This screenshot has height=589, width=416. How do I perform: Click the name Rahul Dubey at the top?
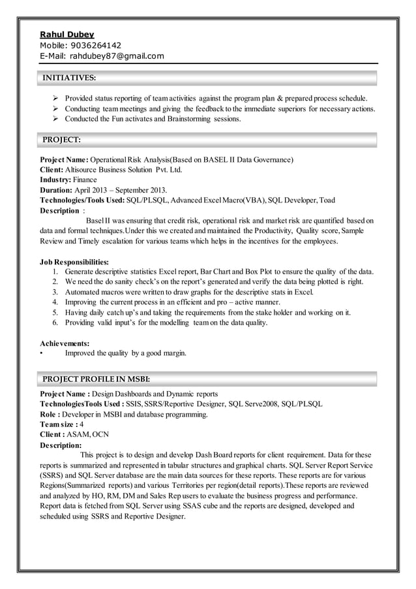point(67,34)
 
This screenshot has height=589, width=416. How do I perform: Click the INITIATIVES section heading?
point(68,78)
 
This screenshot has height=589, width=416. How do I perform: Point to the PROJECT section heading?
point(61,139)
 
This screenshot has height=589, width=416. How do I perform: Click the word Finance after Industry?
point(85,180)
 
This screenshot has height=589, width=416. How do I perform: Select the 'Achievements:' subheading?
point(65,343)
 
